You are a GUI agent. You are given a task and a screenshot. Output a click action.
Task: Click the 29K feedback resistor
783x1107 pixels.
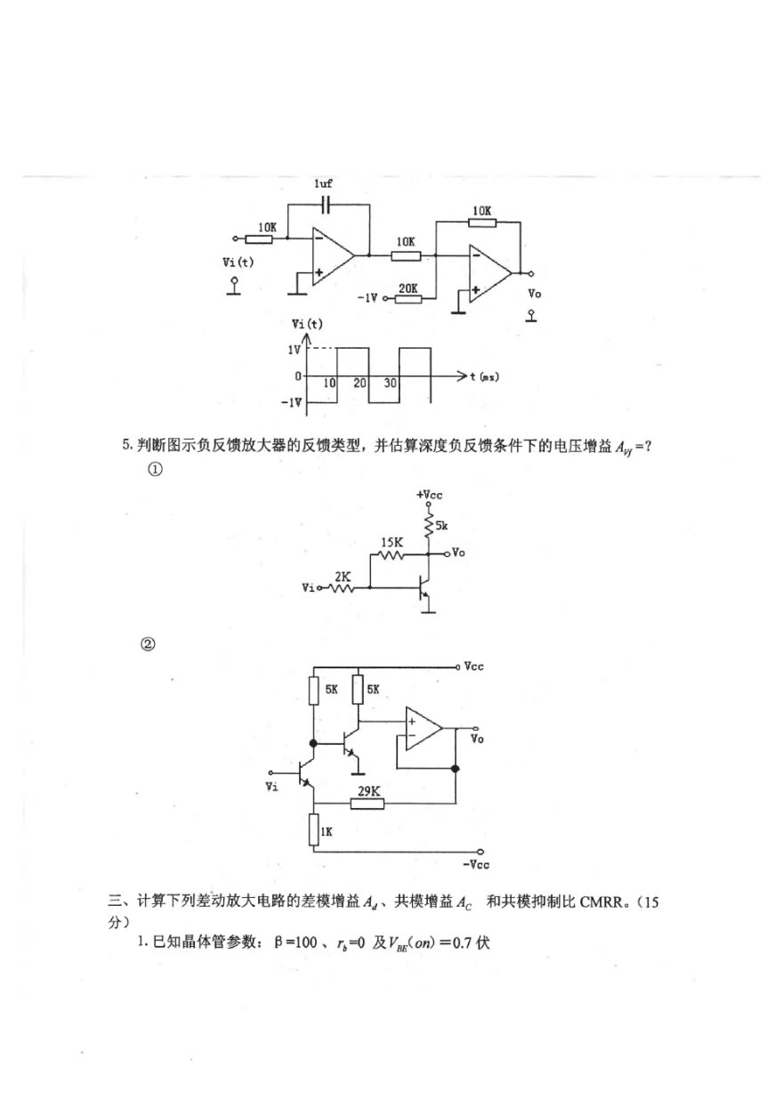(366, 804)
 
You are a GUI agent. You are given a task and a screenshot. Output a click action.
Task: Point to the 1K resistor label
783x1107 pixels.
(327, 831)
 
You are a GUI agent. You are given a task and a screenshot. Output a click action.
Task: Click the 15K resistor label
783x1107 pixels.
(391, 542)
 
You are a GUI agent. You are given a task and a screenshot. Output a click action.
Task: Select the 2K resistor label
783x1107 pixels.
(341, 576)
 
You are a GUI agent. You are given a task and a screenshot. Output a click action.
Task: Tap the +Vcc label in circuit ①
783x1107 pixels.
(429, 493)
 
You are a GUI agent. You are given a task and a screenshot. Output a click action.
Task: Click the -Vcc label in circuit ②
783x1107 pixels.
(476, 864)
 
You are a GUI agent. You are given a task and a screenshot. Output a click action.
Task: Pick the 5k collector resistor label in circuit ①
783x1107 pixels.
(442, 527)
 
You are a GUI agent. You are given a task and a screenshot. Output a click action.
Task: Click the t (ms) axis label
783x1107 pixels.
(484, 377)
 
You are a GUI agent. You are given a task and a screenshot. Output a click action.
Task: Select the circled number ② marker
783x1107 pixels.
(149, 644)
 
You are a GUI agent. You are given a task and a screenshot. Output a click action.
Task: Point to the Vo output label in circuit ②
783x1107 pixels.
(478, 739)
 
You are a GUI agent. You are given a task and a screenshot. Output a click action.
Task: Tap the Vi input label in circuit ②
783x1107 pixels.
(272, 786)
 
